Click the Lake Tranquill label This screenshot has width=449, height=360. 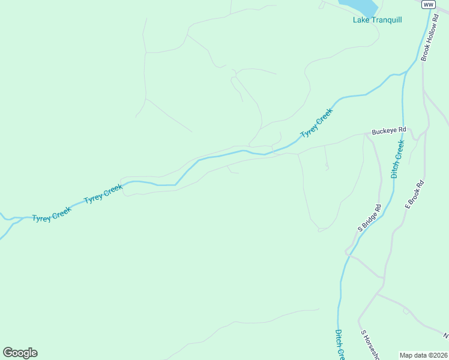click(377, 20)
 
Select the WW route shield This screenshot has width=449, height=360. click(427, 4)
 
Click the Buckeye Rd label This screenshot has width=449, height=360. click(389, 130)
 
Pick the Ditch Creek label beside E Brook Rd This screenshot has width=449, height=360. click(398, 160)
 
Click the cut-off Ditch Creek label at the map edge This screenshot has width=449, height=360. click(339, 345)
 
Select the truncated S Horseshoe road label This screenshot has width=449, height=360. click(370, 344)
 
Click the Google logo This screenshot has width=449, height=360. click(20, 353)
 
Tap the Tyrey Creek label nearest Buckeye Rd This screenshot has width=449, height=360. click(316, 123)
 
